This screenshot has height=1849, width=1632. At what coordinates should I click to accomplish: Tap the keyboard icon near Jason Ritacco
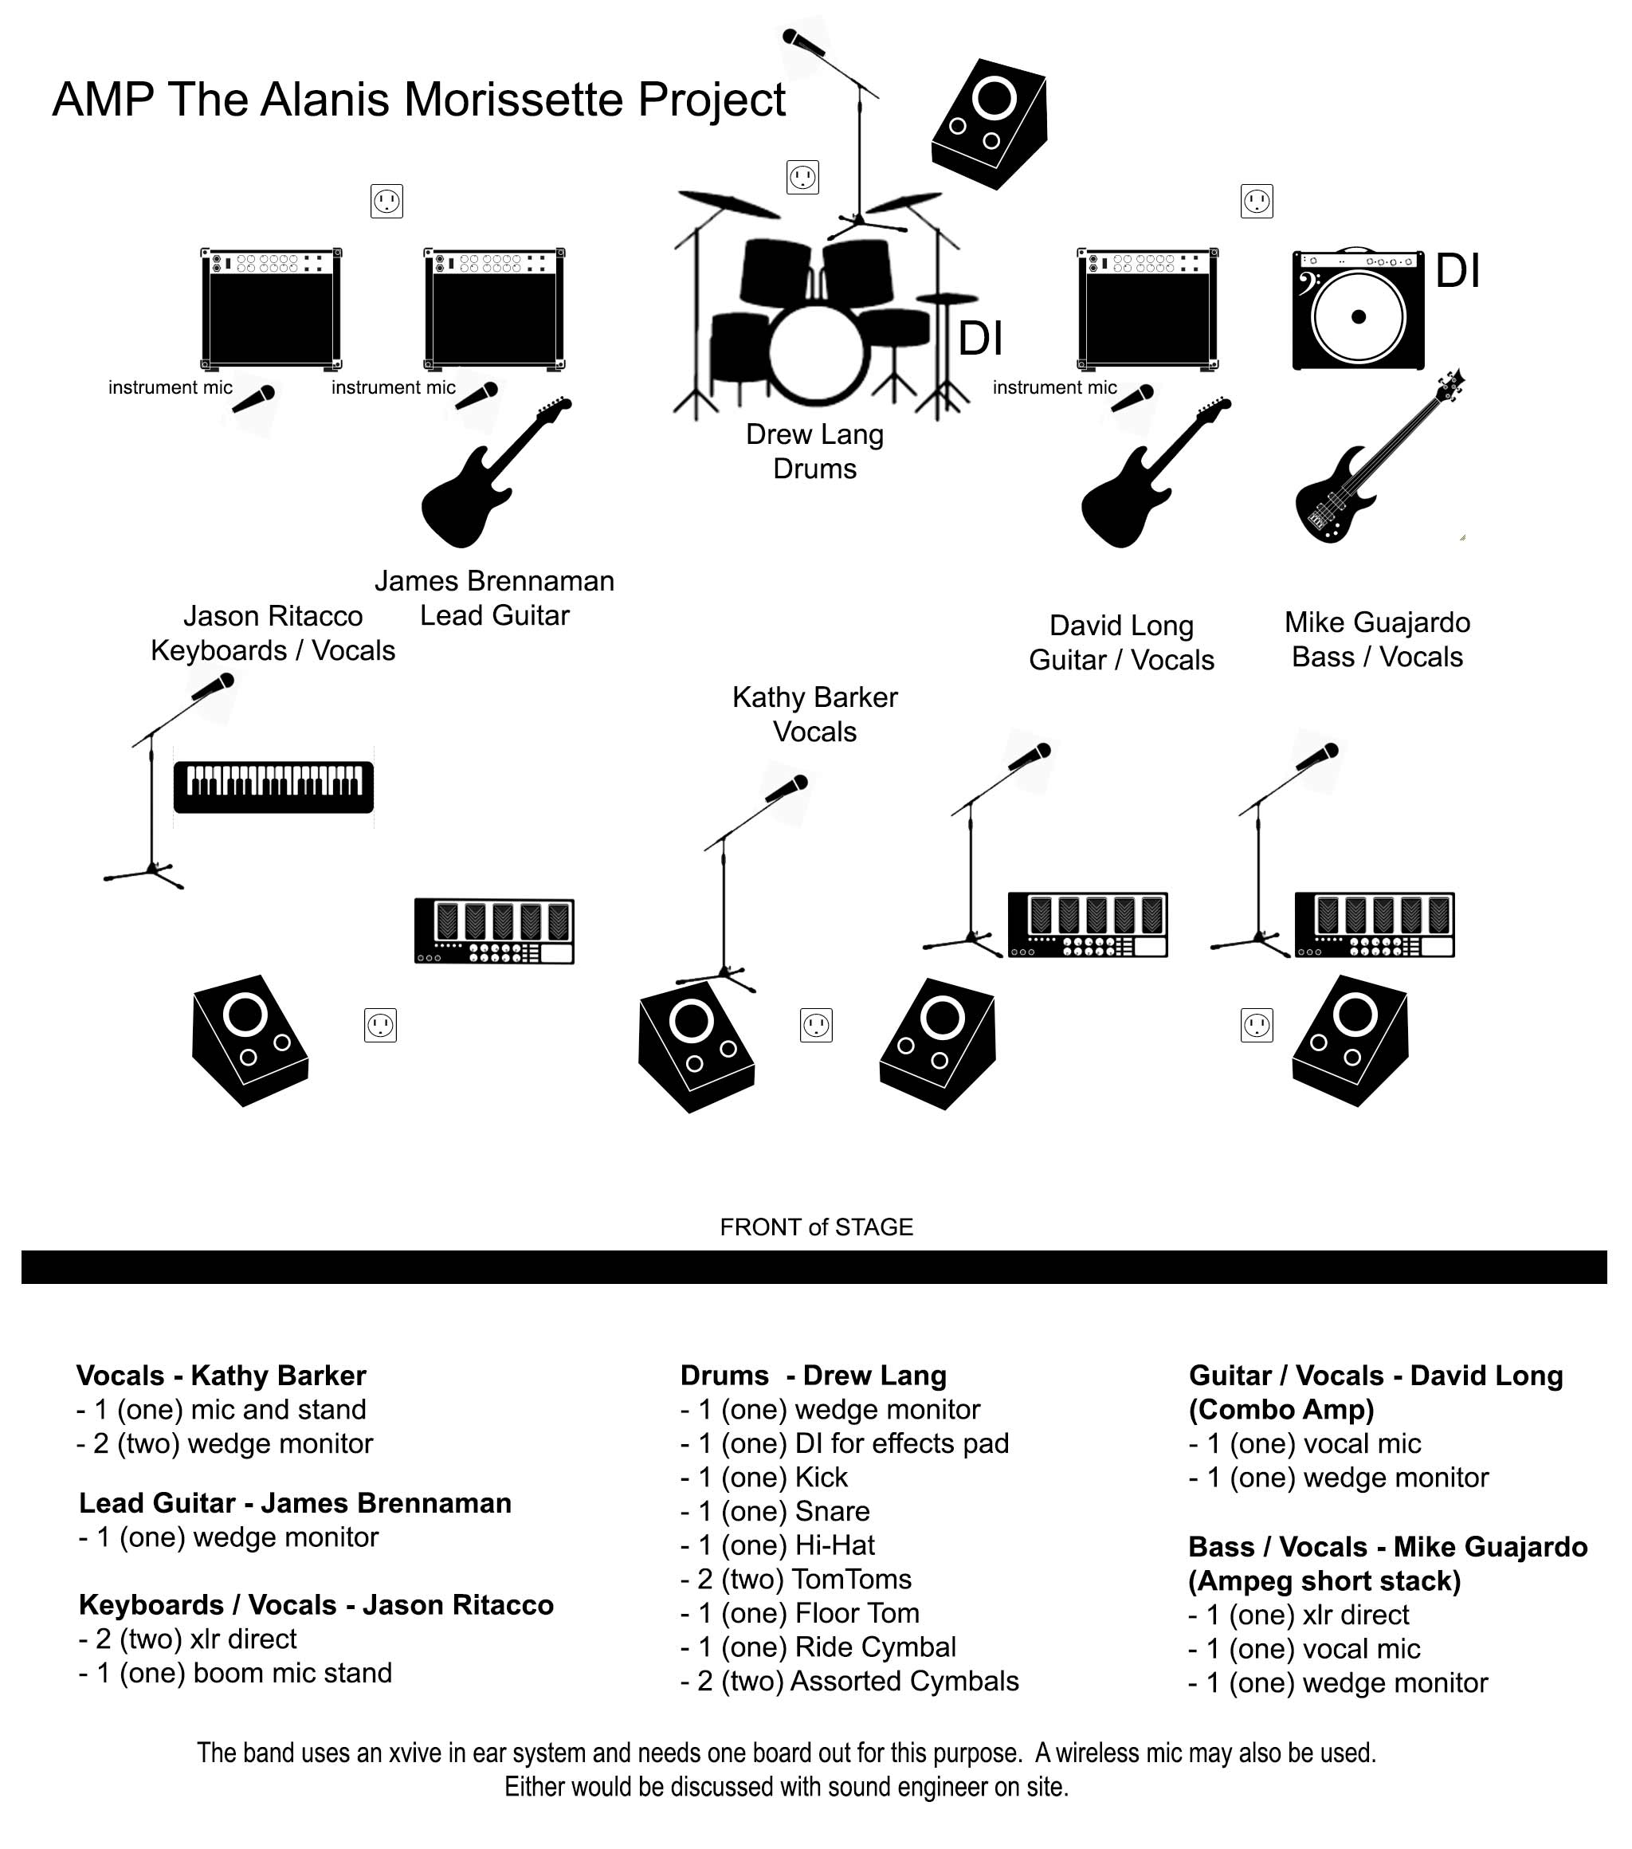(x=273, y=786)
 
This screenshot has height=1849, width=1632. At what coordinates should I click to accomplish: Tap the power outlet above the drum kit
(x=802, y=177)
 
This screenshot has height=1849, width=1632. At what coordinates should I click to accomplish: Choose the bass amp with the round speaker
(x=1357, y=309)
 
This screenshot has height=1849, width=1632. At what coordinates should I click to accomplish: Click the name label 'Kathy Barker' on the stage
(x=814, y=697)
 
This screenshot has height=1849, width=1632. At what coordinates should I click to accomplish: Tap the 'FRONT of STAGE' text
(x=816, y=1227)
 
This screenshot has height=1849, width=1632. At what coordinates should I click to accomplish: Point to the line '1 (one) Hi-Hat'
(x=777, y=1545)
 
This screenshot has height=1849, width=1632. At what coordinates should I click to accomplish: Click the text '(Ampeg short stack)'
(x=1324, y=1580)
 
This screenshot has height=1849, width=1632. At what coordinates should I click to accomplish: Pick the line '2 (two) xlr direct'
(x=187, y=1639)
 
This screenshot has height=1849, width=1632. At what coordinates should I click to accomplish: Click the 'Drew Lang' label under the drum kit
(x=814, y=434)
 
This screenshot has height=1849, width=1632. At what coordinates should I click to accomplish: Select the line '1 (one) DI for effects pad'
(x=844, y=1443)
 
